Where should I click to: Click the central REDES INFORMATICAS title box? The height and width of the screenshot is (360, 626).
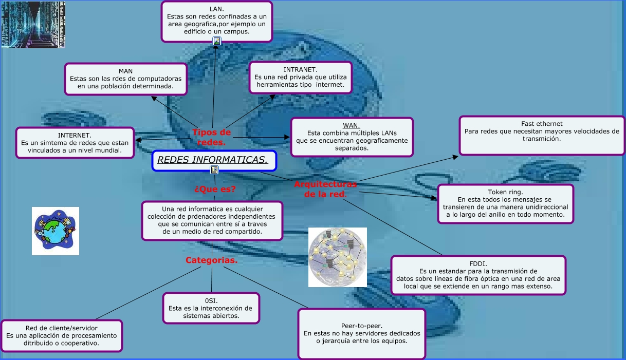pos(214,160)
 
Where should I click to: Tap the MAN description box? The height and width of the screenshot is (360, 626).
pos(125,79)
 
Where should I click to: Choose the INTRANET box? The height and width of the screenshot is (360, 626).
pos(300,77)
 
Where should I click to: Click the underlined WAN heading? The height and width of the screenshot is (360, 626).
pos(352,126)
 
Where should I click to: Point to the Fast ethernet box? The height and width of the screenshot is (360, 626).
pos(542,135)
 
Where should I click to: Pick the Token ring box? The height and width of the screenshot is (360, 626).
pos(505,203)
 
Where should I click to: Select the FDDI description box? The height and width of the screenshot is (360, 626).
pos(478,275)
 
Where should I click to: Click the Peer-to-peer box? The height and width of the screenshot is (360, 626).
pos(362,333)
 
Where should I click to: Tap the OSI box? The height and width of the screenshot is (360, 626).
pos(211,308)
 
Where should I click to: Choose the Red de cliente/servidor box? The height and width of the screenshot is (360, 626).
pos(62,335)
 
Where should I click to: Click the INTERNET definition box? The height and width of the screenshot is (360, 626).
pos(75,143)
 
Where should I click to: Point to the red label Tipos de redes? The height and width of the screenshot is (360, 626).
pos(212,137)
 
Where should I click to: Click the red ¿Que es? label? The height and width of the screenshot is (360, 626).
pos(215,189)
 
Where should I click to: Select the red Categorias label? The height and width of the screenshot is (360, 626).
pos(211,260)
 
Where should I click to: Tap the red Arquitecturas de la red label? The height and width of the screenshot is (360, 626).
pos(325,189)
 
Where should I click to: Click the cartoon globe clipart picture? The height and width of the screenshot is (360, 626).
pos(56,231)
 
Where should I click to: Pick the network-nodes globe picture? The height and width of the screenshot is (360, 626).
pos(337,257)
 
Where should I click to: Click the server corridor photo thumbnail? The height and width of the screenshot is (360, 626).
pos(33,25)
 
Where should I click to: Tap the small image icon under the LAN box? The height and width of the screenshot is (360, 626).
pos(217,41)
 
